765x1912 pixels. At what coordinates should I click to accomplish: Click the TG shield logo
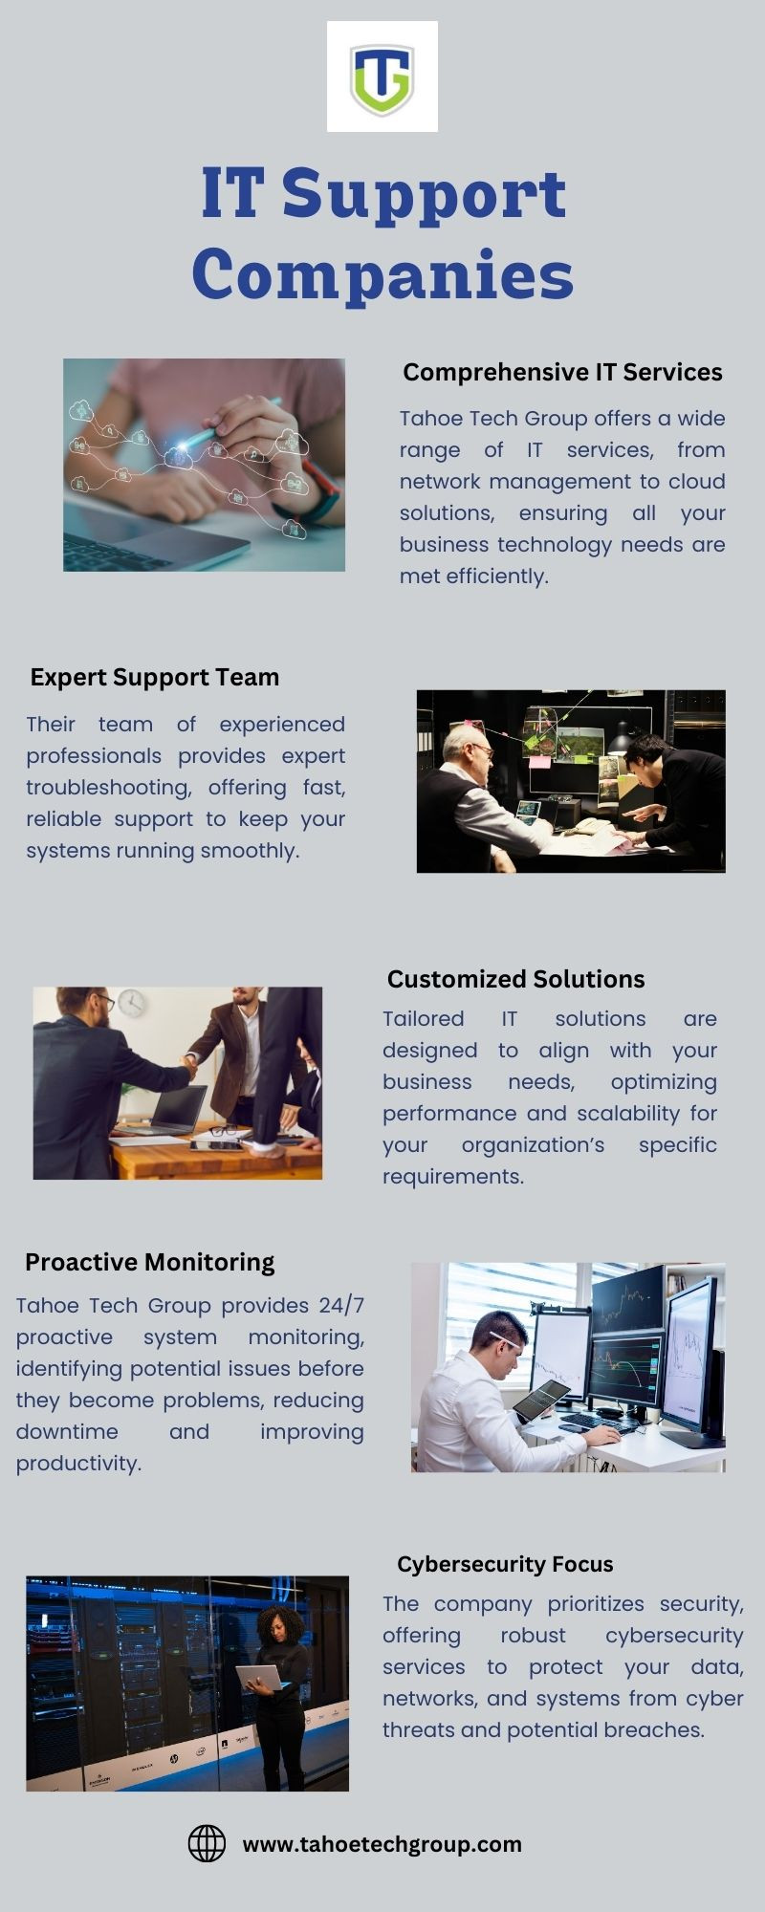click(x=382, y=76)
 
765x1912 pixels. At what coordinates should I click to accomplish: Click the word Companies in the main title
click(x=382, y=275)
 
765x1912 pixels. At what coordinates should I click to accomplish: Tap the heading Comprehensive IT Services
click(x=562, y=372)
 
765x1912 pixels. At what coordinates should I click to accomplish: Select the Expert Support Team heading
click(x=155, y=677)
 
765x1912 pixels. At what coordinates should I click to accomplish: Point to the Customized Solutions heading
click(x=516, y=979)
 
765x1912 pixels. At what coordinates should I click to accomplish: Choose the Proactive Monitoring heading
click(x=149, y=1263)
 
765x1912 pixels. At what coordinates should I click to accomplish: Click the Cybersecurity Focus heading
click(x=505, y=1564)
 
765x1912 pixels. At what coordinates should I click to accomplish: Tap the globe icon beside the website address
click(x=207, y=1844)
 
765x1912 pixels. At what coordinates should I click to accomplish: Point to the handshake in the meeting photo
click(x=189, y=1063)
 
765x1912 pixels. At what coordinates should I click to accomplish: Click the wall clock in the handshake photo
click(x=132, y=1003)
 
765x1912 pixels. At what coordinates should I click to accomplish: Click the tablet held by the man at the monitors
click(x=540, y=1401)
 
